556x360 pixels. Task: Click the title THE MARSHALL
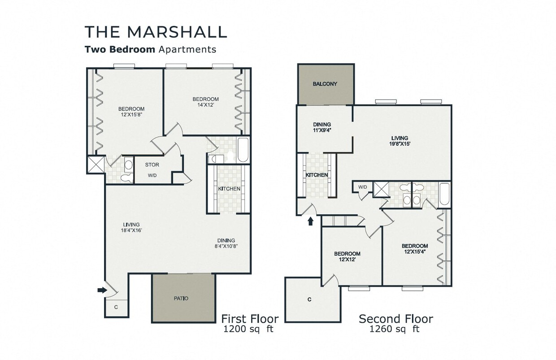156,32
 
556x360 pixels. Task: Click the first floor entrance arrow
102,290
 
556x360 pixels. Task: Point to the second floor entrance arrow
310,221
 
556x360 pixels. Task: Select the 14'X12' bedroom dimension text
205,105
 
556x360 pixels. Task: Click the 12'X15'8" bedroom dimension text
131,115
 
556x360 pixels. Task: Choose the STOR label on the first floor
152,165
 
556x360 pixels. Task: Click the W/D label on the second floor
362,187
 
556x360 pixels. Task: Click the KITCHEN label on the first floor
229,189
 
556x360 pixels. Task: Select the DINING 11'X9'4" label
322,128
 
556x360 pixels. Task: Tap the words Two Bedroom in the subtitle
120,49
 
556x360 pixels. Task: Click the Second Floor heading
395,319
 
